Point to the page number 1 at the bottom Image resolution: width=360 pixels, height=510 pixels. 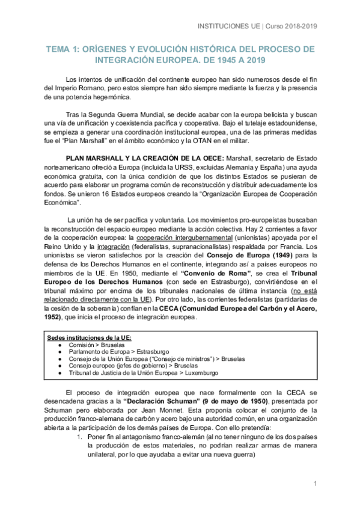pyautogui.click(x=315, y=484)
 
